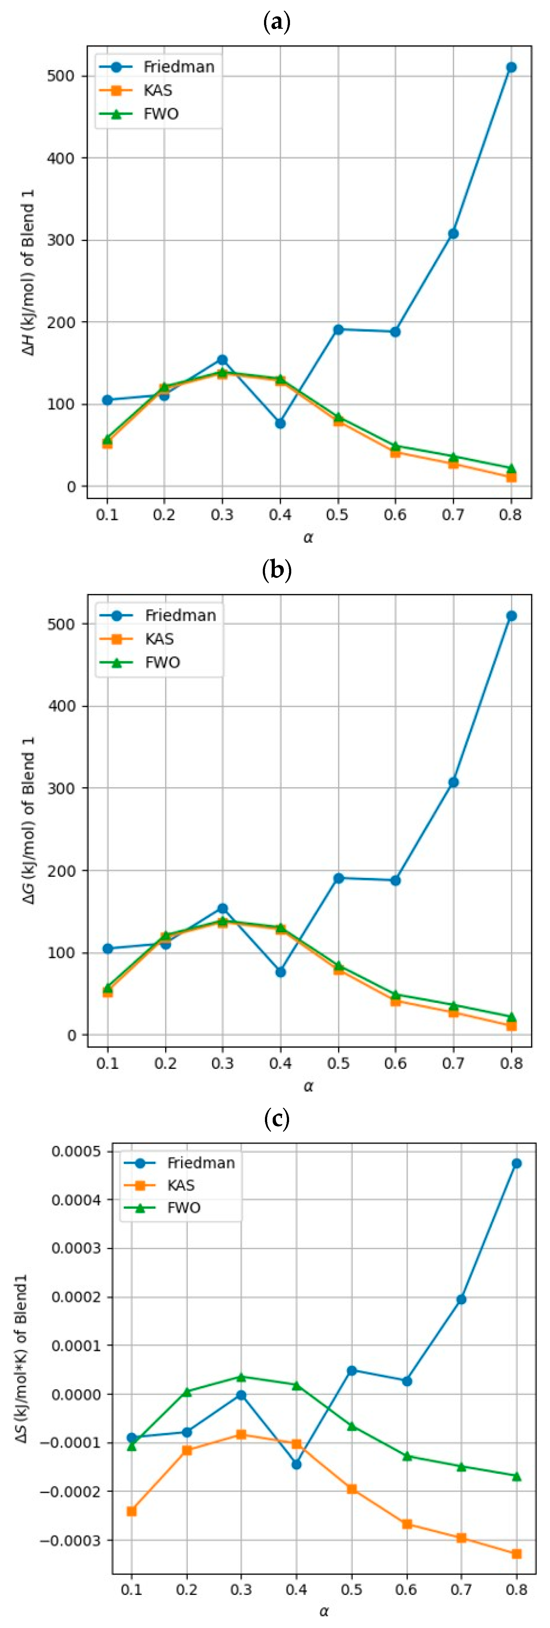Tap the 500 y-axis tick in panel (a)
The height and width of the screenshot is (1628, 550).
pyautogui.click(x=61, y=76)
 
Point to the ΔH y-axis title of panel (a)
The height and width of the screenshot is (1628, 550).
pyautogui.click(x=28, y=272)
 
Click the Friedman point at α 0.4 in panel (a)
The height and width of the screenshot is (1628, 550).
pyautogui.click(x=280, y=423)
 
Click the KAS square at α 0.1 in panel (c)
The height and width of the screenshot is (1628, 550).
pyautogui.click(x=131, y=1511)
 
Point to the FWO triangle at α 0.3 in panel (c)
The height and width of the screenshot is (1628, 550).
pyautogui.click(x=241, y=1376)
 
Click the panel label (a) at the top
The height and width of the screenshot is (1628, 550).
pyautogui.click(x=276, y=22)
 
